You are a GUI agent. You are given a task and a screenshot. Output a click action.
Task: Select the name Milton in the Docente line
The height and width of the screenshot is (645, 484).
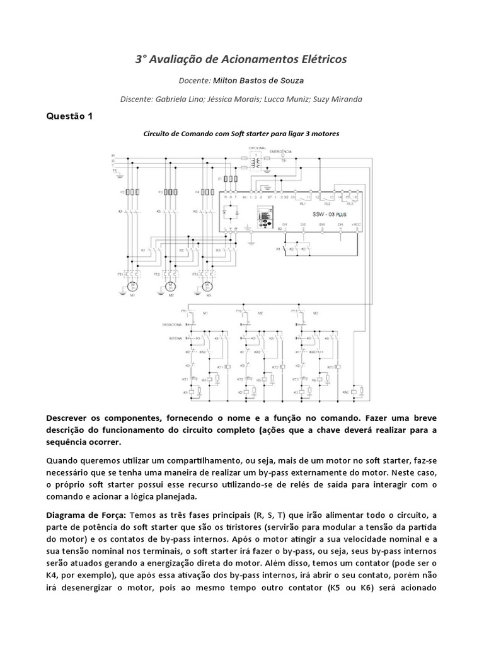[229, 81]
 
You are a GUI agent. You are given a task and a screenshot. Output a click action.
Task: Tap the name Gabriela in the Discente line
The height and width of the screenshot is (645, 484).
[171, 99]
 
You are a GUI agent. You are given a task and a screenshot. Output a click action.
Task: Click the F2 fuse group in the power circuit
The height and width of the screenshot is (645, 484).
[170, 191]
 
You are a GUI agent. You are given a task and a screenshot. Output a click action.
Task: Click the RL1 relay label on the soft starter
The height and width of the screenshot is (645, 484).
[302, 204]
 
